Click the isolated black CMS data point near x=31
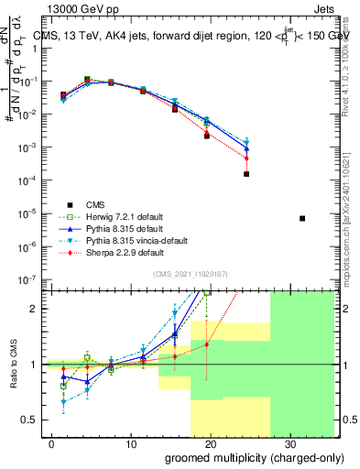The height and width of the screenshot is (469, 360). click(302, 218)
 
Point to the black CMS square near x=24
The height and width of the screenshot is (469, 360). click(246, 173)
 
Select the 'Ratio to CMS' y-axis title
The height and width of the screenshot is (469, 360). click(13, 364)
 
